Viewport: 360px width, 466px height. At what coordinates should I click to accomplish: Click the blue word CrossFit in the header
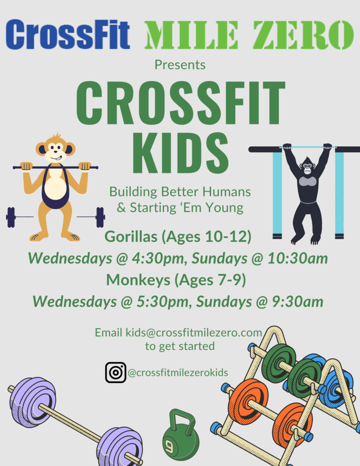point(68,35)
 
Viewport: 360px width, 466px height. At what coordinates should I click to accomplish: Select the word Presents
point(180,65)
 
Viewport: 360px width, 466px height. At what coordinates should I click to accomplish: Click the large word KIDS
point(180,153)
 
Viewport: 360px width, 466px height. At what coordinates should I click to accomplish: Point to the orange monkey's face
point(56,150)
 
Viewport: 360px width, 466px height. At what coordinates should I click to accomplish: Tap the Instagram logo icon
point(116,372)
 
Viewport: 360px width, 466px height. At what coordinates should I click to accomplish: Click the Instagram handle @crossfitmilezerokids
point(178,373)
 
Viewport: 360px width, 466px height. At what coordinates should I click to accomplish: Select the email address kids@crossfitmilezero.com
point(193,333)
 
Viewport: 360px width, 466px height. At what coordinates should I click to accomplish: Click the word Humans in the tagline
point(227,192)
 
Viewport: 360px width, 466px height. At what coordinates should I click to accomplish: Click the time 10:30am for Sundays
point(298,258)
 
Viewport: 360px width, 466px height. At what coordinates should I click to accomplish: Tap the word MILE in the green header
point(192,35)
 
